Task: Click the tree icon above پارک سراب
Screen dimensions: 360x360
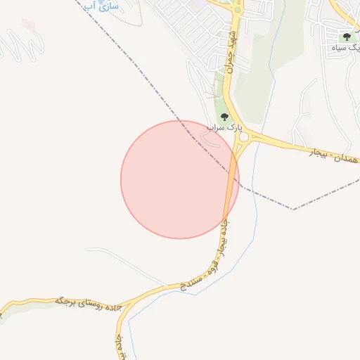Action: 224,117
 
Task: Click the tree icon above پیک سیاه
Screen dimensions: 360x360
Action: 346,36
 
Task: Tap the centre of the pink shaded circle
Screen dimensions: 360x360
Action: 179,179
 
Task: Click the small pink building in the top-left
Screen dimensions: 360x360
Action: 27,25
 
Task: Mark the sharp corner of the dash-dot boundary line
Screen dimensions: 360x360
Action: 292,209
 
